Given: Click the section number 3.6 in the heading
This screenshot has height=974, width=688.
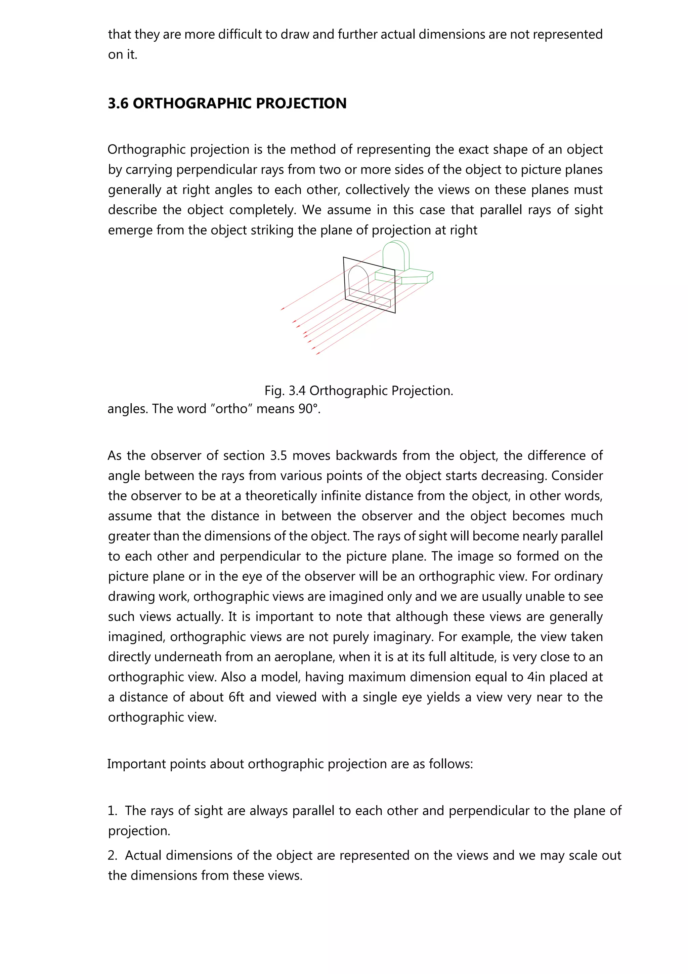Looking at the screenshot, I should click(118, 104).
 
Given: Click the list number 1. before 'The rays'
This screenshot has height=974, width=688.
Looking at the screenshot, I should click(112, 811).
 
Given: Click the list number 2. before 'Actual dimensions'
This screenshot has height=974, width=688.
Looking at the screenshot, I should click(112, 855).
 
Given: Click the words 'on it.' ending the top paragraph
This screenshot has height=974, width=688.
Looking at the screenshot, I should click(123, 55).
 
